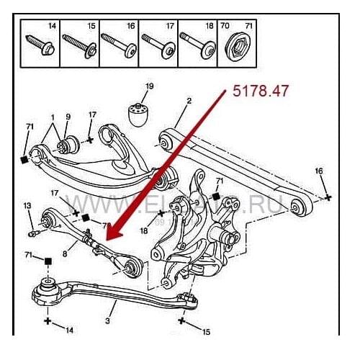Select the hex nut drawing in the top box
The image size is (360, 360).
coord(236,51)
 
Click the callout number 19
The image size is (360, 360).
coord(149,87)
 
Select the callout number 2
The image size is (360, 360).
coord(188,102)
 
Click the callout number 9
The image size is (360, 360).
coord(68,116)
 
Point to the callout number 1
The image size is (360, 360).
coord(52,117)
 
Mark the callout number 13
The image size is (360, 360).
coord(28,207)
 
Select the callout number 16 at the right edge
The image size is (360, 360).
coord(319,171)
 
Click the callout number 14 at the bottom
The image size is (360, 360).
coord(69,330)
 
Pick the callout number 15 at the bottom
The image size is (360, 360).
coord(206,331)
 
